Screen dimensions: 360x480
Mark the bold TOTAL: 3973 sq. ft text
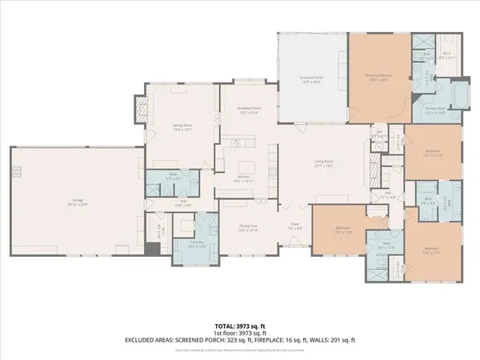coord(240,327)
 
